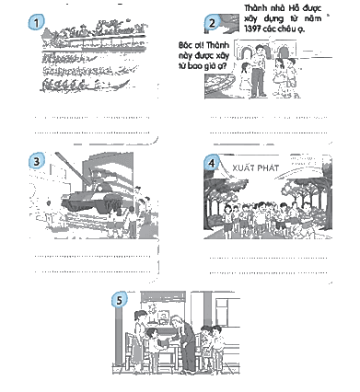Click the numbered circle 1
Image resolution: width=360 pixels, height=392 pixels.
coord(36,22)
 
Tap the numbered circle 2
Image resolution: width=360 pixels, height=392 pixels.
coord(212,22)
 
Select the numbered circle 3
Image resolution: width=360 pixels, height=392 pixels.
coord(37,161)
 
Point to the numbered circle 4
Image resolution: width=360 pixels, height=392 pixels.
coord(212,163)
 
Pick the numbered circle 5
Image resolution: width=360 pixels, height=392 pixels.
coord(119,299)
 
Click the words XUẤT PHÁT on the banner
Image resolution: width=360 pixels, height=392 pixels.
coord(256,167)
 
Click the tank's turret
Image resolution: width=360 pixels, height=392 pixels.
coord(100,187)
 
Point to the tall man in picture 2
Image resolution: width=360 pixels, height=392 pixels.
coord(259,71)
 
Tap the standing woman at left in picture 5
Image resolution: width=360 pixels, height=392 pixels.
coord(140,339)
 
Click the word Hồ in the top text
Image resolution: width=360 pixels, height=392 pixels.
coord(294,8)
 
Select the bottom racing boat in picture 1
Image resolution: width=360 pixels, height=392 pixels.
coord(85,85)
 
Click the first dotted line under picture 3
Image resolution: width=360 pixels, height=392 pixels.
coord(92,256)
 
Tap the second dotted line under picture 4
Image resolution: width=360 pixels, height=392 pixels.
coord(268,272)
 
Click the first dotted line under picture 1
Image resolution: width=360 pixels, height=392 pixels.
coord(92,117)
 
